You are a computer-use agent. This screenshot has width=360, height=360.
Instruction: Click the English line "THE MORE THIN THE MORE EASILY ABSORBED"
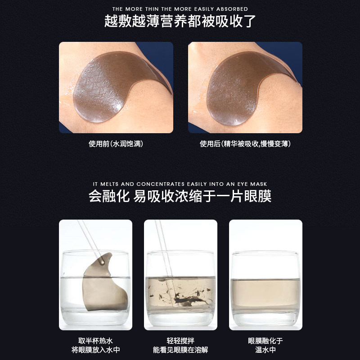click(180, 9)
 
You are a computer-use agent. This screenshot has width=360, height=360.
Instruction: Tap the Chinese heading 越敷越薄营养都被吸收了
click(180, 22)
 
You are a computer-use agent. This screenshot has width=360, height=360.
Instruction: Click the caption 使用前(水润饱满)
click(116, 144)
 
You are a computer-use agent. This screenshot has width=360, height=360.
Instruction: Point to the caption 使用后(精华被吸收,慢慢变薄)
click(245, 144)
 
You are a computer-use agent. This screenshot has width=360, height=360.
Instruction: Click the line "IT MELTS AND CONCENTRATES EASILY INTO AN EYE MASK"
click(180, 184)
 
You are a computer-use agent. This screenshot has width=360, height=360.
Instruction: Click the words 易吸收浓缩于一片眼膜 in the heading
click(202, 197)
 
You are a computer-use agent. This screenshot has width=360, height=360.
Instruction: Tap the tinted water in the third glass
click(265, 292)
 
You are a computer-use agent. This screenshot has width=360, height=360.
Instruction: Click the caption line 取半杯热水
click(95, 341)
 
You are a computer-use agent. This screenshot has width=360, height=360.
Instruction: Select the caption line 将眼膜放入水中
click(95, 350)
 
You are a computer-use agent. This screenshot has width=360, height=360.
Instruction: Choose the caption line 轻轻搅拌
click(180, 341)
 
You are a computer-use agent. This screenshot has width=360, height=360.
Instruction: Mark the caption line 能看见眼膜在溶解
click(180, 350)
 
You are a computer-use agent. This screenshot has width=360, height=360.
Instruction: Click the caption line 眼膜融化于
click(265, 341)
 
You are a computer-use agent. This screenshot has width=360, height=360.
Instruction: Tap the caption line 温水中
click(265, 350)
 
